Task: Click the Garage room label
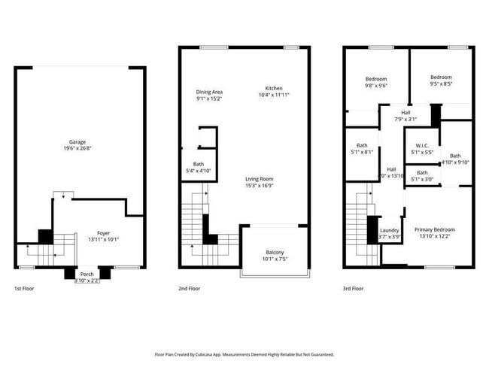coord(77,142)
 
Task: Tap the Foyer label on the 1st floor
coord(102,233)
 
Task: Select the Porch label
coord(87,274)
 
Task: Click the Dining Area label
coord(209,92)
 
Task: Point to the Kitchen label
coord(273,88)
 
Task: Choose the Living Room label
coord(258,178)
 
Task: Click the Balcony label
coord(275,252)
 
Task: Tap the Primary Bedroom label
coord(434,229)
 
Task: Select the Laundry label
coord(389,230)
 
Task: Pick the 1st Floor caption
coord(24,288)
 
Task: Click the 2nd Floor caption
coord(189,288)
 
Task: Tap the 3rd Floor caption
coord(354,288)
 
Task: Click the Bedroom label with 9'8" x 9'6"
coord(376,79)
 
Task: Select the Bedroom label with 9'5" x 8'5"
coord(441,77)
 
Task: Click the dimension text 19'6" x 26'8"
coord(77,148)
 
